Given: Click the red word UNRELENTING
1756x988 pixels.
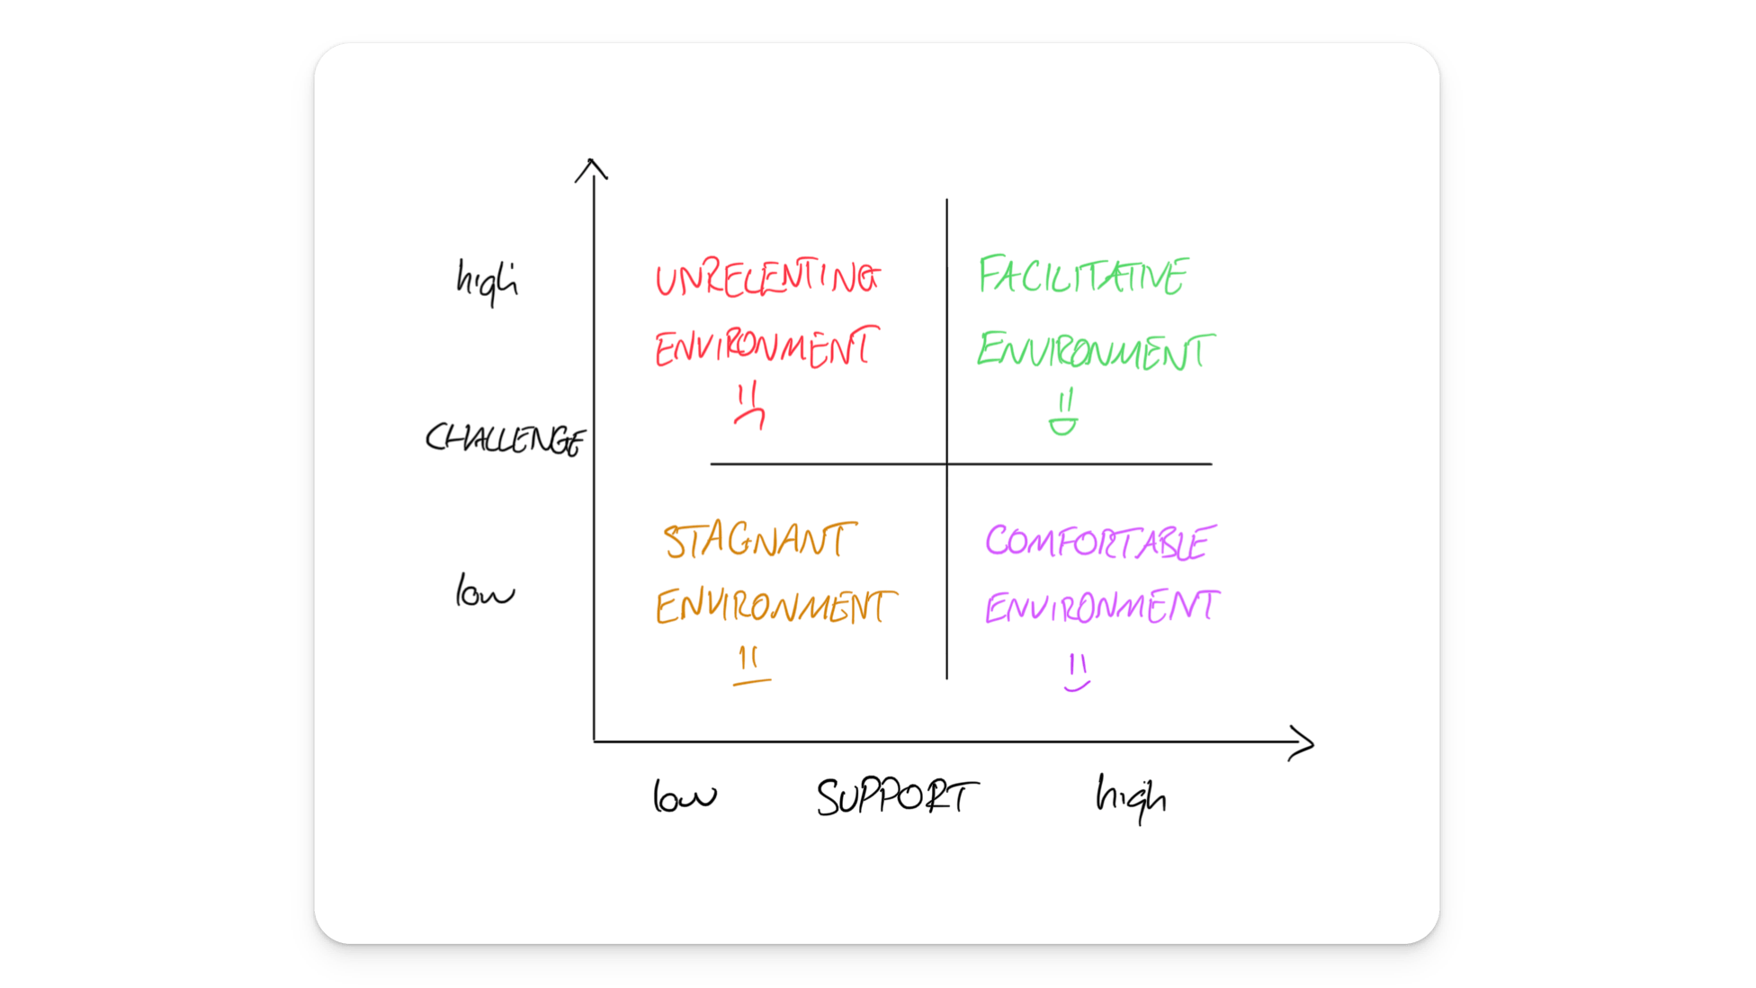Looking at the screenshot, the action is point(766,279).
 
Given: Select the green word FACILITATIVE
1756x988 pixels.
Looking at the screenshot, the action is point(1083,275).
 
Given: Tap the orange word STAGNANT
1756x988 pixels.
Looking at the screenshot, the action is point(759,541).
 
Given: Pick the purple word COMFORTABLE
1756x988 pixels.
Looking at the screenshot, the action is point(1099,543).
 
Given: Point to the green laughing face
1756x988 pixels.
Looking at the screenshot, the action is point(1063,414).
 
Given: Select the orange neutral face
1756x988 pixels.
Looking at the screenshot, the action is point(750,668).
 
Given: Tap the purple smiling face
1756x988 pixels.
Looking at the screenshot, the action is point(1077,673).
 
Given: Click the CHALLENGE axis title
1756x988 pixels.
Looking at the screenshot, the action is point(505,439).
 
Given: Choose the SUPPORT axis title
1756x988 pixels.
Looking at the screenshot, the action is point(896,797).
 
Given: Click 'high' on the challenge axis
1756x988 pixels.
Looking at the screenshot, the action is point(487,281).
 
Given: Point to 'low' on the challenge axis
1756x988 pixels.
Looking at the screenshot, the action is point(484,592).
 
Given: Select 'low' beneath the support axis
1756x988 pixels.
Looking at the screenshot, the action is point(684,796).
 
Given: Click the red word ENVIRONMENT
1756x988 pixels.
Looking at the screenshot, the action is point(766,348).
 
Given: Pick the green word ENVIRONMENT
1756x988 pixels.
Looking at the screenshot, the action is point(1095,351).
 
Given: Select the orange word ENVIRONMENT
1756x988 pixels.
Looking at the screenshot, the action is point(775,606).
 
